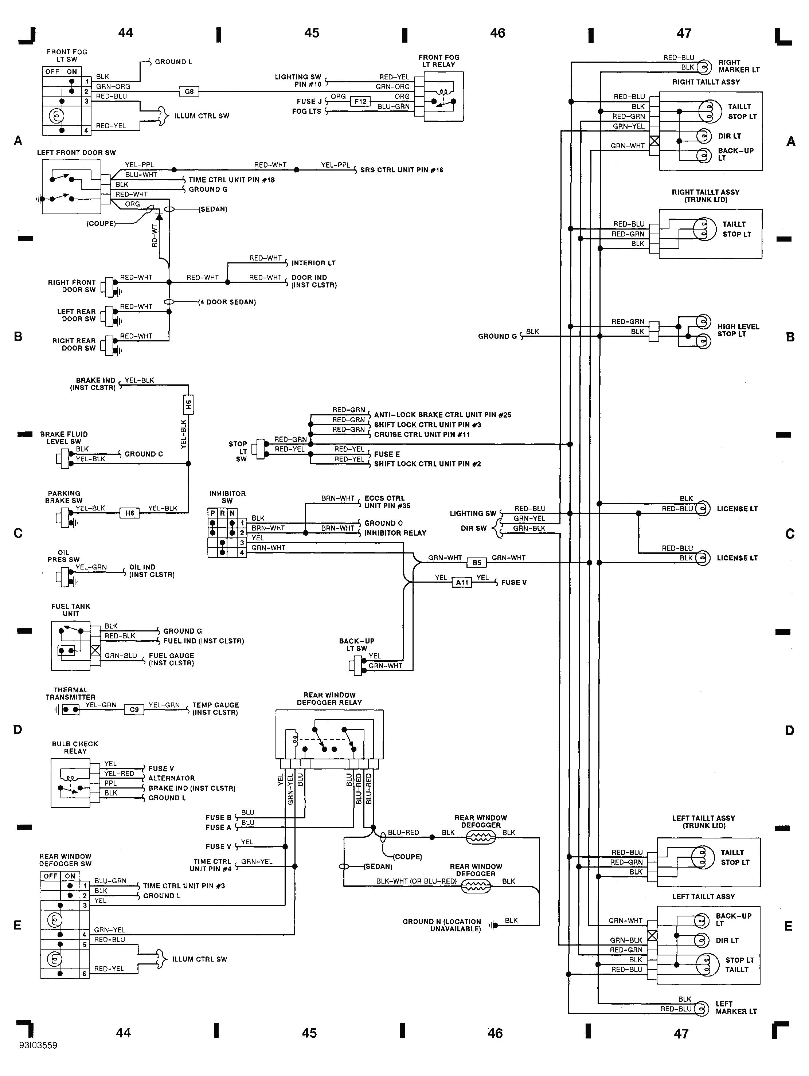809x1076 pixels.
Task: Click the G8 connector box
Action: (x=189, y=91)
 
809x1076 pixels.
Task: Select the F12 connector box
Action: (x=360, y=101)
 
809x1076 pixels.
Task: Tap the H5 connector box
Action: (x=189, y=404)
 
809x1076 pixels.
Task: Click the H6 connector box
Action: (x=129, y=513)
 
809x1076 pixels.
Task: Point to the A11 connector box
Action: (x=462, y=582)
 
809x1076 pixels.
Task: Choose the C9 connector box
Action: (x=134, y=710)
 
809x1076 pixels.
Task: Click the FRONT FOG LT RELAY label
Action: (x=439, y=61)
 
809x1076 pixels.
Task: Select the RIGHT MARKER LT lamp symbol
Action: (x=703, y=67)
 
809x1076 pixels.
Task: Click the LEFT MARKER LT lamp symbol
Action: (x=702, y=1009)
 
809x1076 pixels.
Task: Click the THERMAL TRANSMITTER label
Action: (x=71, y=693)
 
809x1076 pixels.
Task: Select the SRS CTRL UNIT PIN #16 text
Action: (x=401, y=170)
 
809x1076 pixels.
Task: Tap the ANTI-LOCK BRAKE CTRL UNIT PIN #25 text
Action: (x=442, y=415)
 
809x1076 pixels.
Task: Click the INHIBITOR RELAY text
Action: (x=395, y=533)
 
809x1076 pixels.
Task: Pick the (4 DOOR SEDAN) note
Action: (x=227, y=302)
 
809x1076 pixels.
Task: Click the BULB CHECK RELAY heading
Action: (x=75, y=747)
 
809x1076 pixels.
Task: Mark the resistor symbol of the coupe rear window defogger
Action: (x=481, y=837)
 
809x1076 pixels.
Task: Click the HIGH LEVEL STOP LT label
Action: (x=738, y=330)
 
